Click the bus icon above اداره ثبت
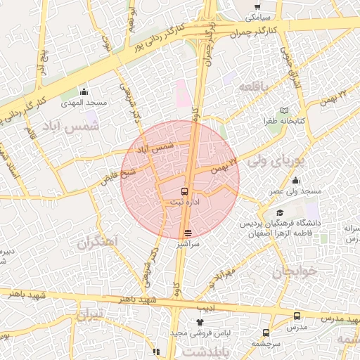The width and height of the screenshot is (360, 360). [x=185, y=191]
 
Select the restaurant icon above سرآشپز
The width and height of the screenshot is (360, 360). [x=188, y=232]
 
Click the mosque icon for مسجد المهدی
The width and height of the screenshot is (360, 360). [x=84, y=91]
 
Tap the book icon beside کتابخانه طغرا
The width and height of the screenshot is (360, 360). [x=284, y=110]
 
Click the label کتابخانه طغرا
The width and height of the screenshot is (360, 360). [x=284, y=121]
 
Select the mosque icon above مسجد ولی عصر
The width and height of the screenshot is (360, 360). [x=296, y=180]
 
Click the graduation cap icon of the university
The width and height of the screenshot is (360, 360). [x=280, y=213]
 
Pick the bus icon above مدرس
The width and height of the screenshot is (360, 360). [x=297, y=317]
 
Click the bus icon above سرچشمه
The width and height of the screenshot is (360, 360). [x=266, y=333]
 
